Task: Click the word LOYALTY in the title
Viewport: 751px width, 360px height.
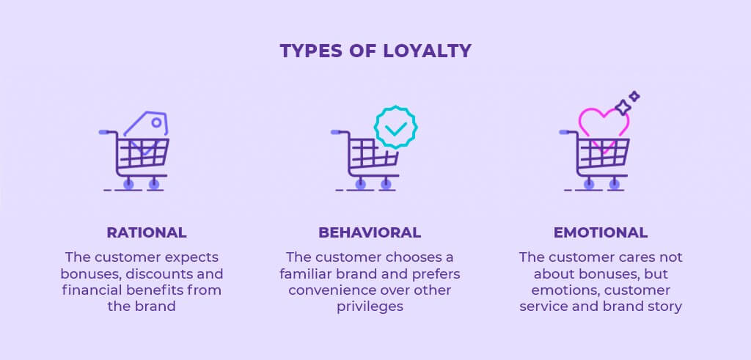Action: pos(428,51)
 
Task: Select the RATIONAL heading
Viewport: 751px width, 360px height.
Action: pos(147,232)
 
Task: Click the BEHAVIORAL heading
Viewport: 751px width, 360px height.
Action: pos(370,232)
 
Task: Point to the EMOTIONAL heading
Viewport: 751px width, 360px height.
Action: pos(601,232)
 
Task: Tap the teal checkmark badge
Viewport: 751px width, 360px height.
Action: pos(395,127)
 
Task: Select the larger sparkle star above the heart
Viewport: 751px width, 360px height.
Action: pos(623,108)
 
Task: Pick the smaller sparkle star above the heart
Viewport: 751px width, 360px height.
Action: pos(634,96)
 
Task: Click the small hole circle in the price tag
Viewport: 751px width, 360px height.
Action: pos(156,123)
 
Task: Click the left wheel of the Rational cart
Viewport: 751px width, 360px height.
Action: pos(128,184)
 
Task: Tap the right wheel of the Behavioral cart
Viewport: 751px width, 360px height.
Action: pos(386,184)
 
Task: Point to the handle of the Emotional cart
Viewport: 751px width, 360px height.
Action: pos(565,132)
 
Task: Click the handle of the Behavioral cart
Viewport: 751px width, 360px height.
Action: pos(337,132)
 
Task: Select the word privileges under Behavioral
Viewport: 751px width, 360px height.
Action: pos(370,306)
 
